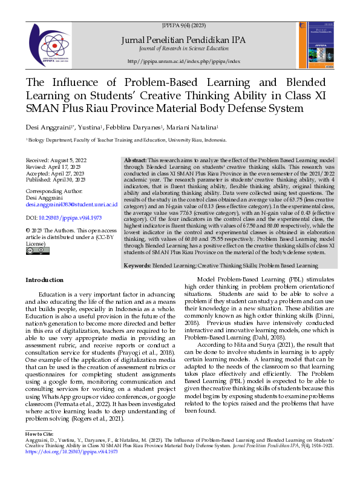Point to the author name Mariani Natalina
click(196, 128)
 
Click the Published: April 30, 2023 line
click(55, 180)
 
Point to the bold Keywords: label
click(137, 266)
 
